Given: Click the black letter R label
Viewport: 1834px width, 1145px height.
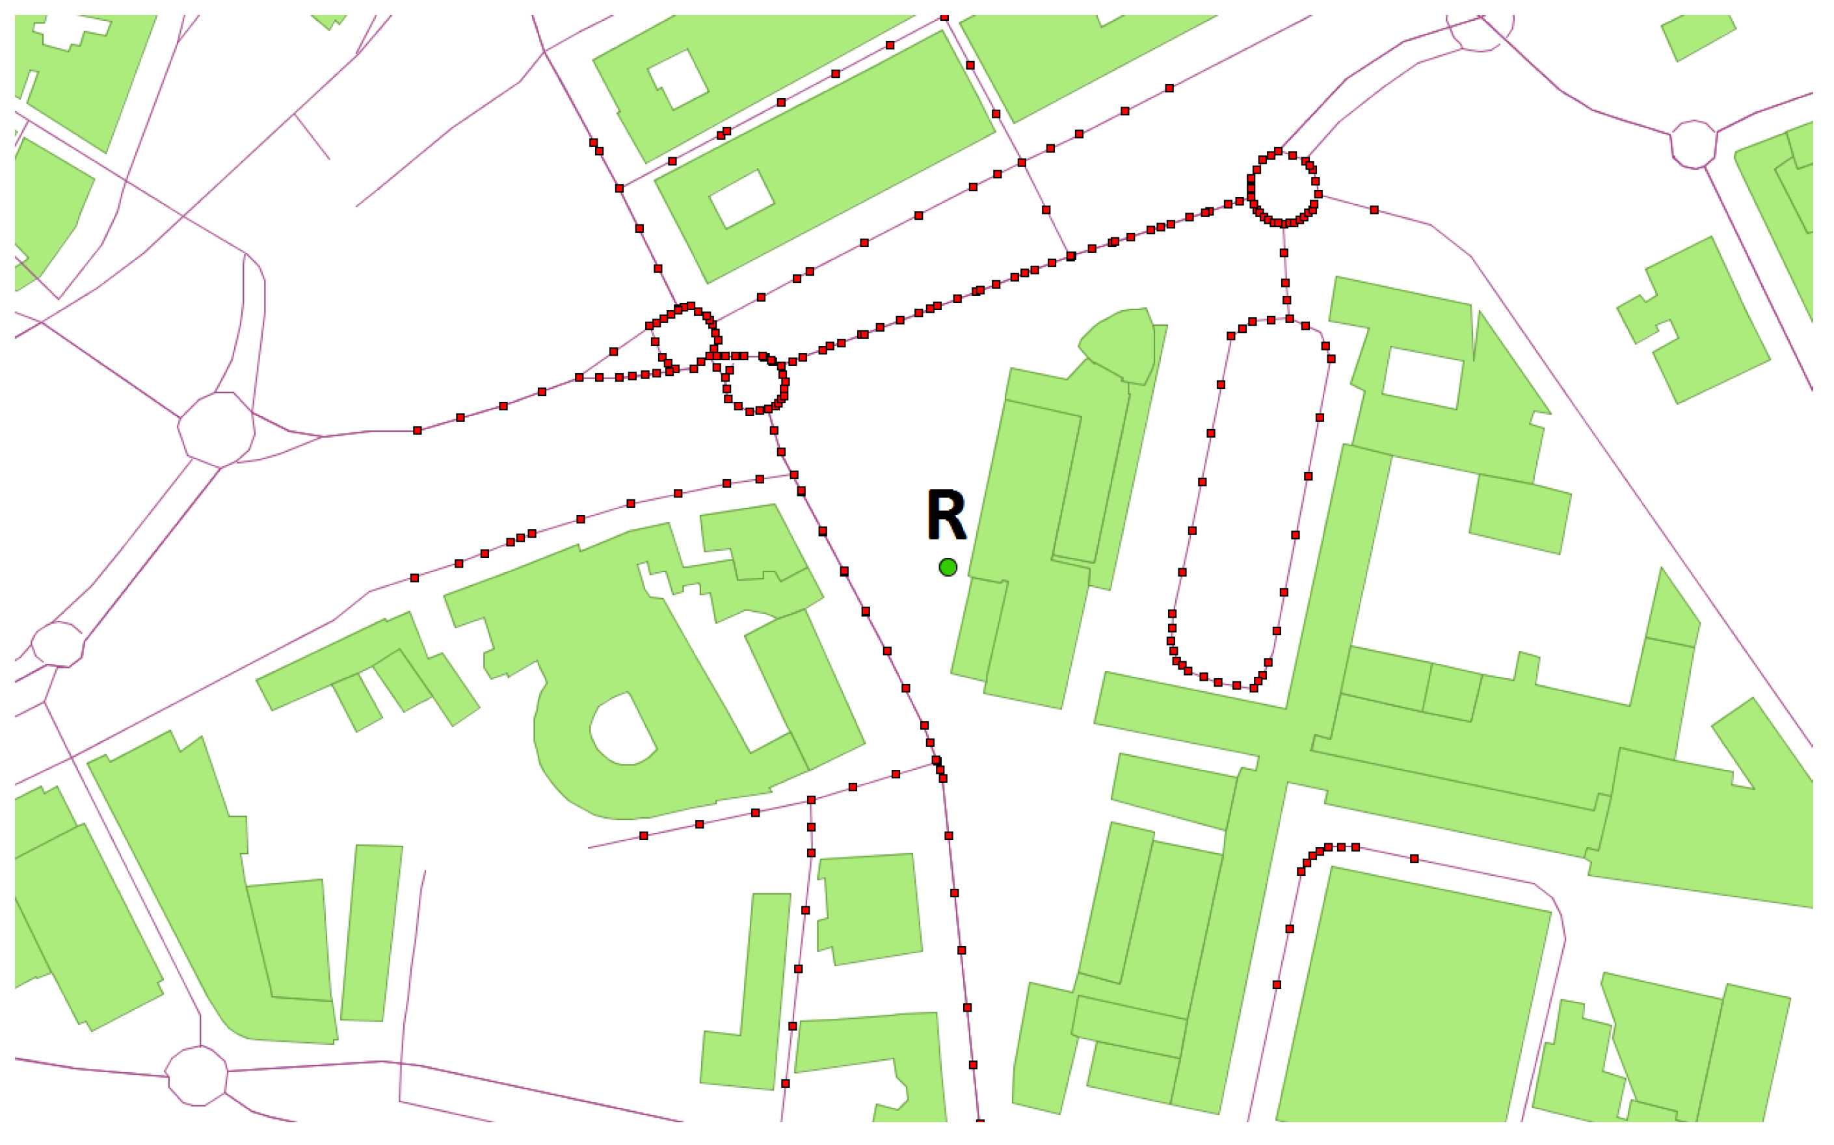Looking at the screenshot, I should [946, 515].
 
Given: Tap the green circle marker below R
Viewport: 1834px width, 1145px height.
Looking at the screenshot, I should [948, 567].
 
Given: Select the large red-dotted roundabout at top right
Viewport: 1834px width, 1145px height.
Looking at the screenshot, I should [1284, 188].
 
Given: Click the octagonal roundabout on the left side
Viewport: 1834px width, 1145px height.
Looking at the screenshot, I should [216, 429].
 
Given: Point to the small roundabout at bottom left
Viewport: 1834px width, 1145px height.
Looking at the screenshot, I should [197, 1075].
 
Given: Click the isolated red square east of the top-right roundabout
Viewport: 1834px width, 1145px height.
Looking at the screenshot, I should [1374, 210].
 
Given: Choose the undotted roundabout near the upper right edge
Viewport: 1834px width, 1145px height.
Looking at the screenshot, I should [1693, 143].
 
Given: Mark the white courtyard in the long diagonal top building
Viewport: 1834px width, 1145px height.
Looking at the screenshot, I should [741, 198].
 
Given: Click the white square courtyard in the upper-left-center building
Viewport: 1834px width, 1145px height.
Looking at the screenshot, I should [678, 79].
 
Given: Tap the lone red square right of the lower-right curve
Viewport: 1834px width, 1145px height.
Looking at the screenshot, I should [1414, 859].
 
